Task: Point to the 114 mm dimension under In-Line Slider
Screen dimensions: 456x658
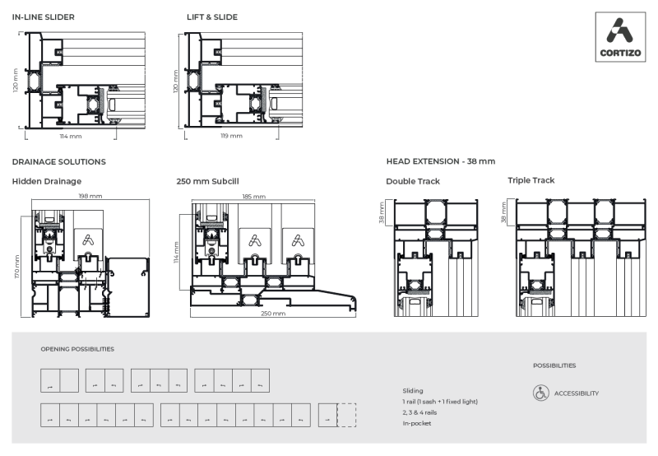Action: click(x=71, y=136)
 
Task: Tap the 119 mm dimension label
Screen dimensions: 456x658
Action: click(x=231, y=136)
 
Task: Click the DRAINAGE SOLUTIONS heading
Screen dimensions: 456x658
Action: click(x=58, y=162)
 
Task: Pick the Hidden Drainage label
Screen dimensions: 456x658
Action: click(x=46, y=181)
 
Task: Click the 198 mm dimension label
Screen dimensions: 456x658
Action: click(x=90, y=196)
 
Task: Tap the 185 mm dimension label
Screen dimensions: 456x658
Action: click(x=254, y=197)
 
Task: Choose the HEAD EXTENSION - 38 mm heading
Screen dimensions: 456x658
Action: click(x=440, y=162)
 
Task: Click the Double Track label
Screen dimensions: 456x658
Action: click(x=413, y=181)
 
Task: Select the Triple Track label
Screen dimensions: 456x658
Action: click(x=531, y=180)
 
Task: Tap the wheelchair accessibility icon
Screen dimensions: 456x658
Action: click(x=540, y=393)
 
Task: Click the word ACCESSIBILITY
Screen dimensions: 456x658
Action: click(x=576, y=393)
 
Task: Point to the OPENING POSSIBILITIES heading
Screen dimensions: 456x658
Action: click(x=77, y=349)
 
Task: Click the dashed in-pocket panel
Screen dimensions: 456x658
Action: click(x=346, y=415)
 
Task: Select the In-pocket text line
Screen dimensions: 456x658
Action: click(x=418, y=423)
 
